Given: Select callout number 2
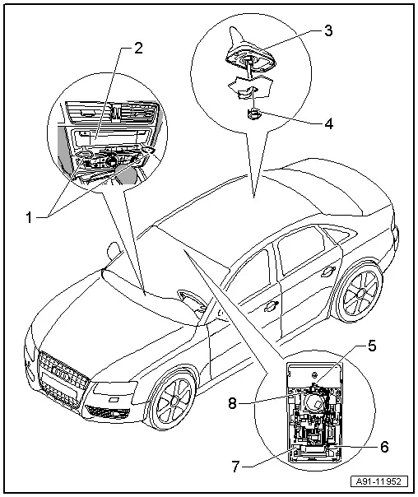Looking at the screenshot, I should (137, 46).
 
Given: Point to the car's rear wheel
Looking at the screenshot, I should (360, 295).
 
